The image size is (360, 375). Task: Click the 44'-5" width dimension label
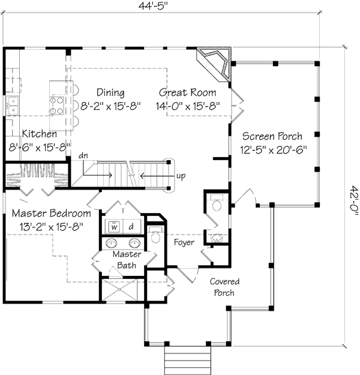click(152, 6)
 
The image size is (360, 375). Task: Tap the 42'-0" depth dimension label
click(353, 200)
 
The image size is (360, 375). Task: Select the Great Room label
click(187, 92)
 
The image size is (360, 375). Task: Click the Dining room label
click(110, 93)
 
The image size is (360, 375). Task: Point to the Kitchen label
click(40, 134)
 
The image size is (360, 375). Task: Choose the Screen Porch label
click(272, 136)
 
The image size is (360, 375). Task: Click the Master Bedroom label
click(52, 213)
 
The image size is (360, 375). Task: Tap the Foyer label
click(184, 242)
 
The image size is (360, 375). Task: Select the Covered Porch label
click(224, 287)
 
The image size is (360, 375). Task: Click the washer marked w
click(114, 226)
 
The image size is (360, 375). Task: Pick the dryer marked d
click(131, 226)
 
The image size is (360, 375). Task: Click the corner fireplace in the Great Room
click(214, 65)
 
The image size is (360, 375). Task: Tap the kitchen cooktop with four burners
click(56, 106)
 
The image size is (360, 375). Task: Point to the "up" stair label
click(181, 176)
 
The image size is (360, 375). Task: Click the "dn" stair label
click(83, 155)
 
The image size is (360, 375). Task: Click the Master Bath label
click(127, 260)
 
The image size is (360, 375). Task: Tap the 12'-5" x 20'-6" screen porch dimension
click(273, 150)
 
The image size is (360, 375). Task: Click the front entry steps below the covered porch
click(188, 360)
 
